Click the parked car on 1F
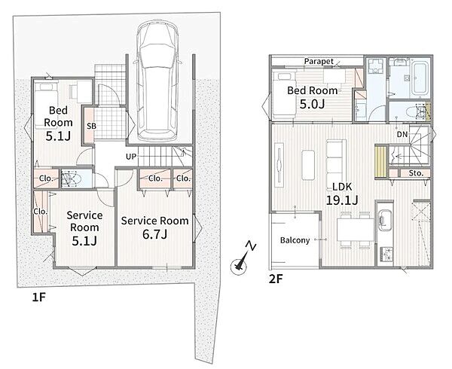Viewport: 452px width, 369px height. [x=157, y=81]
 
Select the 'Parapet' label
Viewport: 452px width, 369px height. [x=319, y=61]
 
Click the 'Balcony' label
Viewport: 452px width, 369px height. [x=295, y=240]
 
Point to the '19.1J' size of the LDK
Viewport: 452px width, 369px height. [x=342, y=200]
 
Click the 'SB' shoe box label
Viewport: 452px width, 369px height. [x=91, y=126]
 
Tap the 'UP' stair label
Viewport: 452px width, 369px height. [x=131, y=157]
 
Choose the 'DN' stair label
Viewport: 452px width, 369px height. [x=402, y=134]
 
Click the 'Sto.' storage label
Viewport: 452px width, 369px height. [x=416, y=173]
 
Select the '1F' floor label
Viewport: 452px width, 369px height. [x=39, y=297]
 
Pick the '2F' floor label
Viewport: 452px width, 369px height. [x=276, y=279]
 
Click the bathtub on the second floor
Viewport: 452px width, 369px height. [x=420, y=78]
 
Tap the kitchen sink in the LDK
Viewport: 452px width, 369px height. [x=384, y=221]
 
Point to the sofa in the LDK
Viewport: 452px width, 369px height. [x=336, y=164]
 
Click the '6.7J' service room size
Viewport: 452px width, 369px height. [x=154, y=234]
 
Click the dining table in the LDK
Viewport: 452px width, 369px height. [x=356, y=230]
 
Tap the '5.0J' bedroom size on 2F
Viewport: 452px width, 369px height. [x=312, y=104]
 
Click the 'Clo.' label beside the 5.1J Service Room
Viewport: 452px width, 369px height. [x=41, y=212]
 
